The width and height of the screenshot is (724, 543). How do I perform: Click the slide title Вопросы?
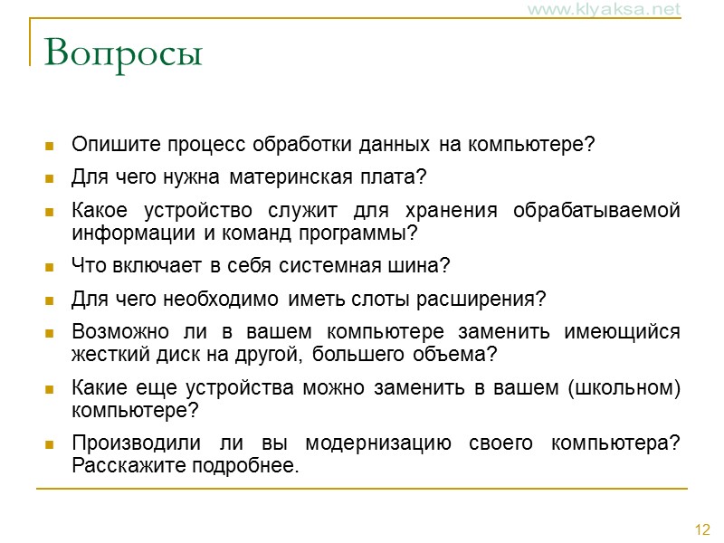[123, 53]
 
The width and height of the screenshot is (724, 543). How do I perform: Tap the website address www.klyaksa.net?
[616, 10]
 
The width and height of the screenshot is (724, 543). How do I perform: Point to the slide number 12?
[702, 529]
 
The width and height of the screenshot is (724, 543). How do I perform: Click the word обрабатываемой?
[595, 211]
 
